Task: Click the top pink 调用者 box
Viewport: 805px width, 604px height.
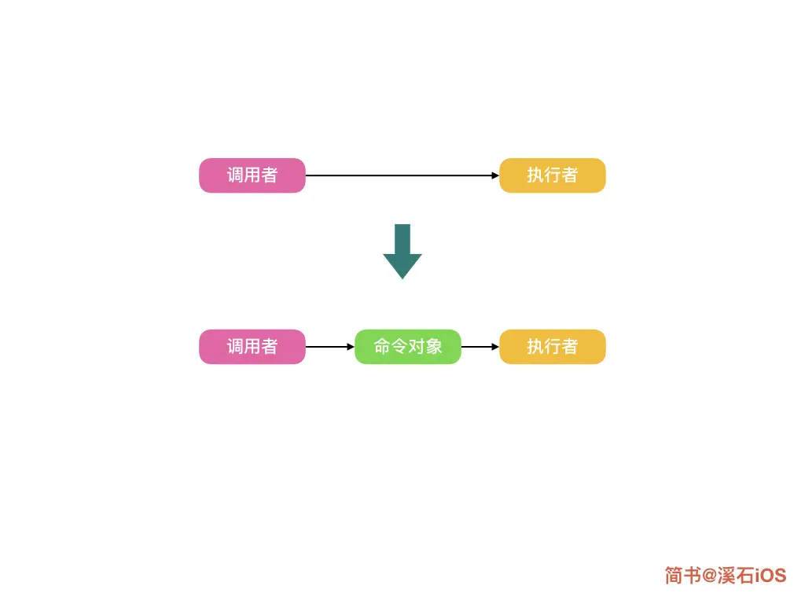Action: pos(252,175)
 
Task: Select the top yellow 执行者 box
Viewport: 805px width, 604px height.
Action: pos(553,175)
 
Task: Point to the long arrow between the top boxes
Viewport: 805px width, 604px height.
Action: pos(401,175)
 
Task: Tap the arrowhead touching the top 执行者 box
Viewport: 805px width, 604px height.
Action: pos(495,175)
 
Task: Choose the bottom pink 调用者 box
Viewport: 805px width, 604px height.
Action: pos(252,347)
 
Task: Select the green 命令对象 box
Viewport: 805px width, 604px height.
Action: pos(407,347)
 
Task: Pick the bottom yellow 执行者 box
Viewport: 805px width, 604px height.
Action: pos(553,347)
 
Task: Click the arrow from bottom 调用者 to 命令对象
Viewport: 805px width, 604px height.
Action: pos(329,347)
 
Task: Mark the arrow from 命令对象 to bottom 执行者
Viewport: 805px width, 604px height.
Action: pos(480,347)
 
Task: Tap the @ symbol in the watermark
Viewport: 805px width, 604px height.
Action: pos(709,576)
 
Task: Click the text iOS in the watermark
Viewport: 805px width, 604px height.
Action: pos(770,576)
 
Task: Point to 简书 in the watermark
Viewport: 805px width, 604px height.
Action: pos(682,576)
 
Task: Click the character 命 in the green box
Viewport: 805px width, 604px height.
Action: pos(382,347)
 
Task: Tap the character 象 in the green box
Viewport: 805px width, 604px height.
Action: pos(434,347)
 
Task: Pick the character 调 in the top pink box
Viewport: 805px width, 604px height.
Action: pos(235,175)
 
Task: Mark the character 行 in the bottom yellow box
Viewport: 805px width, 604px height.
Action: pos(553,347)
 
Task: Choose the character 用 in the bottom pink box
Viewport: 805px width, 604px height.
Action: pos(252,347)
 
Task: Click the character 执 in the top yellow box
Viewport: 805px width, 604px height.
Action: pos(535,175)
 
